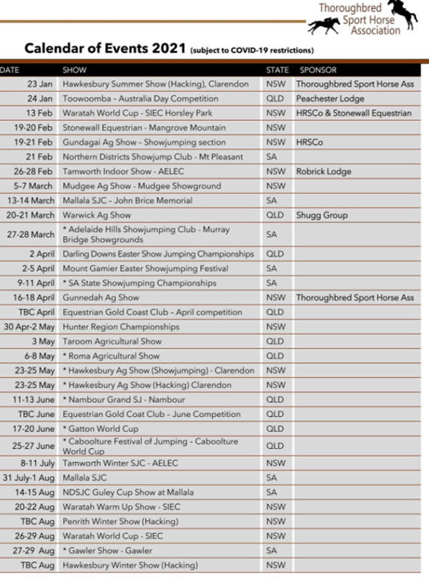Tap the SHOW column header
tap(74, 70)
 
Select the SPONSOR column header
tap(317, 70)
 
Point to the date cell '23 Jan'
tap(41, 84)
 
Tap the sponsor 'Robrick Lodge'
tap(323, 171)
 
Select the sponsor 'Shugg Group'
tap(322, 215)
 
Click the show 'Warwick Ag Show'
tap(97, 215)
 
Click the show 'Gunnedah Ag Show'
tap(100, 298)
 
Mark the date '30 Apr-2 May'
tap(29, 327)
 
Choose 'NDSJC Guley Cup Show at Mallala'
tap(127, 492)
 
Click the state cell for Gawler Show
tap(271, 550)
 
